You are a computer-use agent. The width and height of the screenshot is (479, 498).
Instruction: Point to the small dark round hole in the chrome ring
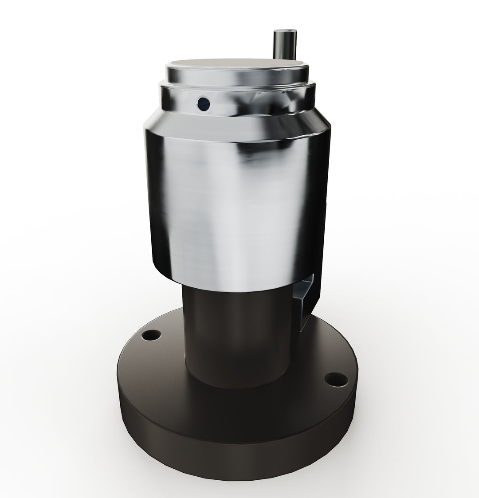pos(203,104)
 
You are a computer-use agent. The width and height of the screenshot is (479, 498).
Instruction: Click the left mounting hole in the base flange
pos(153,336)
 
